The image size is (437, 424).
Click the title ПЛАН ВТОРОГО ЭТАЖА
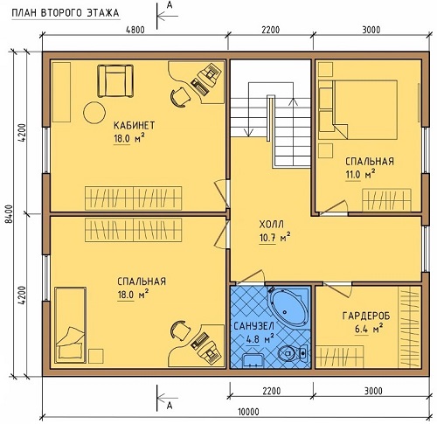pos(66,13)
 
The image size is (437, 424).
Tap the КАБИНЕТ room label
pos(134,126)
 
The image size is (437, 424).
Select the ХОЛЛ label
pos(271,225)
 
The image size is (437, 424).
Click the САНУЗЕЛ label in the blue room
pos(253,326)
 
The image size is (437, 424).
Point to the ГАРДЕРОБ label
pos(366,316)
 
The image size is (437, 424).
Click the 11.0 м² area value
pos(360,175)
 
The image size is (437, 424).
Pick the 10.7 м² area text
pos(274,238)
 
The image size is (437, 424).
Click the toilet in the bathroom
pos(292,353)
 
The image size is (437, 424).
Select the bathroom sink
pos(253,360)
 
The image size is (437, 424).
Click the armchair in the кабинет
pos(115,80)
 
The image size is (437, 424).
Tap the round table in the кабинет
pos(94,113)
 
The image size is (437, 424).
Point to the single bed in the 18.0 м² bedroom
pos(71,325)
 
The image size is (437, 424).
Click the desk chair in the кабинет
pos(179,97)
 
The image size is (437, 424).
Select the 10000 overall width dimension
pos(248,412)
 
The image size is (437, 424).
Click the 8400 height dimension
pos(10,214)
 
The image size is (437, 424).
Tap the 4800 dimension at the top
pos(135,30)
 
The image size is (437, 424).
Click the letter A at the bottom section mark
pos(170,406)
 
